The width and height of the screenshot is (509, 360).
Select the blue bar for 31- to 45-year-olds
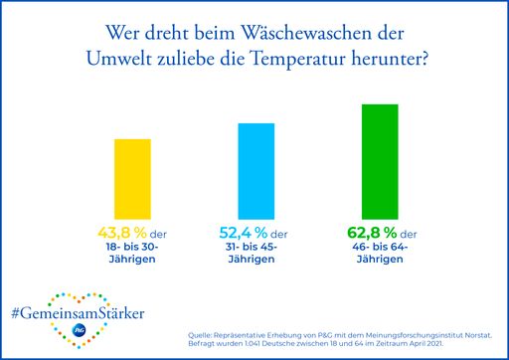[254, 165]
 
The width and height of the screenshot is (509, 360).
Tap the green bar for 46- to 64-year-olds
[374, 156]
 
